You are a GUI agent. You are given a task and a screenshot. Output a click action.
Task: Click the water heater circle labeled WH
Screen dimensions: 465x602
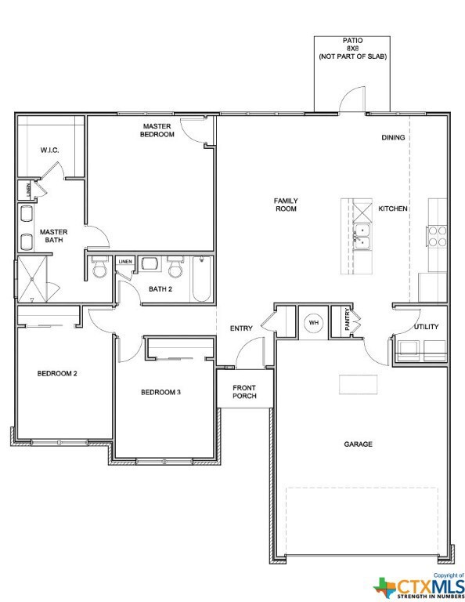(x=314, y=322)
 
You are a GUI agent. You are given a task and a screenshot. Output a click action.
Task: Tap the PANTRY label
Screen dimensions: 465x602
(x=348, y=319)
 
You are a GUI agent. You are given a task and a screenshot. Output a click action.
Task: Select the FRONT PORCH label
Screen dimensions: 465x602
(x=244, y=392)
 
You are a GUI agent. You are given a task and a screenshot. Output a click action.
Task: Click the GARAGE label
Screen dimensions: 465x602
(x=358, y=444)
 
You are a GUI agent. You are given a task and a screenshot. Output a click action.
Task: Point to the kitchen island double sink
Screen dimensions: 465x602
(x=362, y=237)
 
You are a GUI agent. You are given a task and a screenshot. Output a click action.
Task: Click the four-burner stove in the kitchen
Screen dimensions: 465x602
(x=437, y=236)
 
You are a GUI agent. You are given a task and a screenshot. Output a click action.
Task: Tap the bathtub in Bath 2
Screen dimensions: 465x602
(x=201, y=279)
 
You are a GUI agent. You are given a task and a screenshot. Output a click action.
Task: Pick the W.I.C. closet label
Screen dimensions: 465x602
(x=50, y=150)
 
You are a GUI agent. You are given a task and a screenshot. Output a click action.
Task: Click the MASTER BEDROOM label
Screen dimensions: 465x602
(x=157, y=130)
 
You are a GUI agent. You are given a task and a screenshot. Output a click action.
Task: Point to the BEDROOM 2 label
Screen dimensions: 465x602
(x=57, y=373)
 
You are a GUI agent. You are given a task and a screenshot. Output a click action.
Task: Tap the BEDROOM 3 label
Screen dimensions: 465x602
(x=160, y=392)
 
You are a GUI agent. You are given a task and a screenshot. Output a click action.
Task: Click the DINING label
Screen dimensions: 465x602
(x=393, y=137)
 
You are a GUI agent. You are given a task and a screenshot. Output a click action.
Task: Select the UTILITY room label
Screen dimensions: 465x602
(x=426, y=327)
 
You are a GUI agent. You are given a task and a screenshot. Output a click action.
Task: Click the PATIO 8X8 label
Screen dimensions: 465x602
(x=353, y=45)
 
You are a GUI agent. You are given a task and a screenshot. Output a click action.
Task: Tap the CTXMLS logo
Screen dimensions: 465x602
(x=419, y=586)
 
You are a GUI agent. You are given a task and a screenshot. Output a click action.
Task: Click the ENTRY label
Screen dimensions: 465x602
(x=241, y=328)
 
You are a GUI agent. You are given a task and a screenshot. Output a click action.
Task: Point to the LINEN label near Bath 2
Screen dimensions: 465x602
(x=125, y=262)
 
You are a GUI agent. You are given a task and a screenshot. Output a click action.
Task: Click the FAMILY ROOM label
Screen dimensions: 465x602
(x=286, y=205)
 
